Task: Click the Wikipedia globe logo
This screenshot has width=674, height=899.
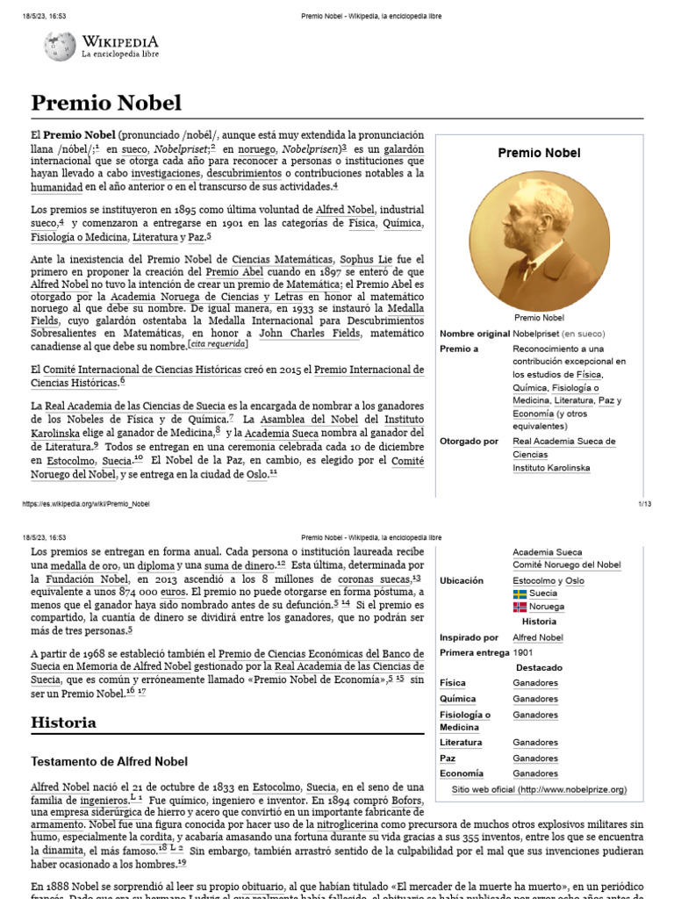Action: [60, 46]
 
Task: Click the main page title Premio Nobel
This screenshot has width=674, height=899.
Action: [106, 104]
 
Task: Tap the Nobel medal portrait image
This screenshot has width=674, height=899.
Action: [539, 240]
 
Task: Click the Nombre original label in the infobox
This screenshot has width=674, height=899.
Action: [474, 334]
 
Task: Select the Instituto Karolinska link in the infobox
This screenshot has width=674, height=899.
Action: [551, 468]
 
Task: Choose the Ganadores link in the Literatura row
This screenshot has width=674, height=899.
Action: [535, 743]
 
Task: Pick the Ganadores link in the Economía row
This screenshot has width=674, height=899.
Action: [535, 773]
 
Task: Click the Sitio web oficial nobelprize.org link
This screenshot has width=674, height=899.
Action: [539, 790]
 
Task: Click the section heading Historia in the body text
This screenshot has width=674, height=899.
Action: [63, 723]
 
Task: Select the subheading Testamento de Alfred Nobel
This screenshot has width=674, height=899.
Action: [109, 761]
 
